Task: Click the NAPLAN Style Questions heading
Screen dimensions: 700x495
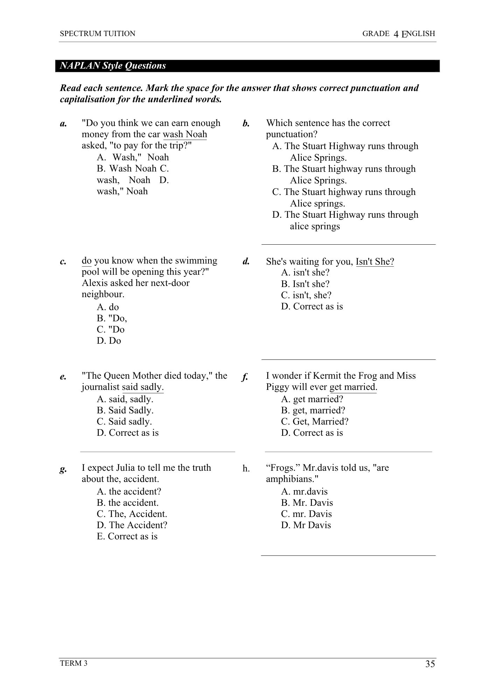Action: pyautogui.click(x=113, y=66)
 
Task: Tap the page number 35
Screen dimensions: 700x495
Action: pyautogui.click(x=430, y=664)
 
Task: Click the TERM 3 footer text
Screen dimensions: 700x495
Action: pyautogui.click(x=74, y=663)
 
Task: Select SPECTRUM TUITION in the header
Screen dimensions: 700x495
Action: pyautogui.click(x=97, y=34)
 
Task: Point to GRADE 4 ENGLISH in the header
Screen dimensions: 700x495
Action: pyautogui.click(x=398, y=34)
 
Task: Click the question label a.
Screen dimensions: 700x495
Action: pyautogui.click(x=63, y=124)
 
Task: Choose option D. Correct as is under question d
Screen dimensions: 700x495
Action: pyautogui.click(x=312, y=306)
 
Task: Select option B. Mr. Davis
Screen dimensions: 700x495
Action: pyautogui.click(x=307, y=503)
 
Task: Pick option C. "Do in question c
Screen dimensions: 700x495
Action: pyautogui.click(x=111, y=329)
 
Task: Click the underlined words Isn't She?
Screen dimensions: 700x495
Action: pyautogui.click(x=375, y=261)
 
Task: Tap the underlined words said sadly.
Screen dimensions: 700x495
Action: pyautogui.click(x=143, y=387)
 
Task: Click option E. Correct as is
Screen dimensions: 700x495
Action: pyautogui.click(x=127, y=536)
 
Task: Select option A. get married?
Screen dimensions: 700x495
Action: pyautogui.click(x=312, y=399)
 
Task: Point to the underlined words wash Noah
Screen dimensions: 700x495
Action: pyautogui.click(x=185, y=134)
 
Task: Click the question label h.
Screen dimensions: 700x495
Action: pyautogui.click(x=246, y=468)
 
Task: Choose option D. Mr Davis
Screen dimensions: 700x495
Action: pyautogui.click(x=306, y=525)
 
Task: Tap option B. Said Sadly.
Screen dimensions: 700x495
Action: pyautogui.click(x=125, y=410)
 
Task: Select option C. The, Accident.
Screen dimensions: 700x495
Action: pyautogui.click(x=132, y=514)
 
